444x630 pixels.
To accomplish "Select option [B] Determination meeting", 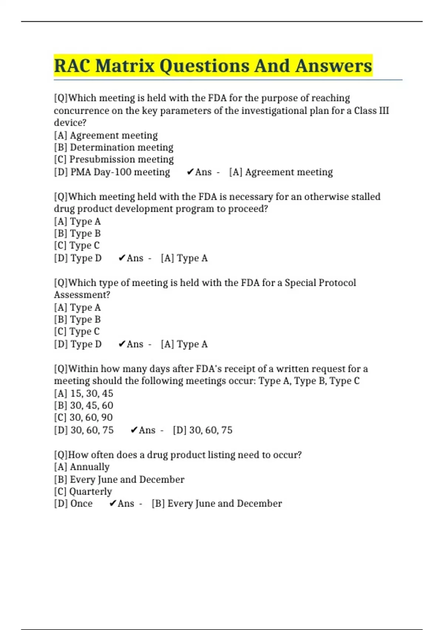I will pyautogui.click(x=114, y=147).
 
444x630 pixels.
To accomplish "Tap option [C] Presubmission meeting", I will pyautogui.click(x=114, y=159).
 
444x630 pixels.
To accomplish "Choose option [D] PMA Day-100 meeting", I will pyautogui.click(x=112, y=172).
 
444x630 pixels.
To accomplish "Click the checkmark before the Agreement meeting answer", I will pyautogui.click(x=190, y=172).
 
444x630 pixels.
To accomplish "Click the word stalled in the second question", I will pyautogui.click(x=365, y=196).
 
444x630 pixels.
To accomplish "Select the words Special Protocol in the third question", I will pyautogui.click(x=320, y=283).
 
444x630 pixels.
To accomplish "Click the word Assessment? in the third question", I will pyautogui.click(x=82, y=295).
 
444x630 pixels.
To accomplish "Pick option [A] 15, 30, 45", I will pyautogui.click(x=84, y=393).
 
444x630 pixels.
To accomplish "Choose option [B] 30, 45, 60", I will pyautogui.click(x=84, y=405).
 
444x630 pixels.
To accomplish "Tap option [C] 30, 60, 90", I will pyautogui.click(x=83, y=417).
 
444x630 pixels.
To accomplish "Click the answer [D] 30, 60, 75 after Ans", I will pyautogui.click(x=202, y=430).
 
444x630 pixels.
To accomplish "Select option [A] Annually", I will pyautogui.click(x=82, y=467).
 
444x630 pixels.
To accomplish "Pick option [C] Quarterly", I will pyautogui.click(x=83, y=491).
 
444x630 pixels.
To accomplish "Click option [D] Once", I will pyautogui.click(x=73, y=504).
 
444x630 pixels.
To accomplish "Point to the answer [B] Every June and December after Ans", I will pyautogui.click(x=216, y=504).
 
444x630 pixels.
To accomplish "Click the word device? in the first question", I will pyautogui.click(x=70, y=123).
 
